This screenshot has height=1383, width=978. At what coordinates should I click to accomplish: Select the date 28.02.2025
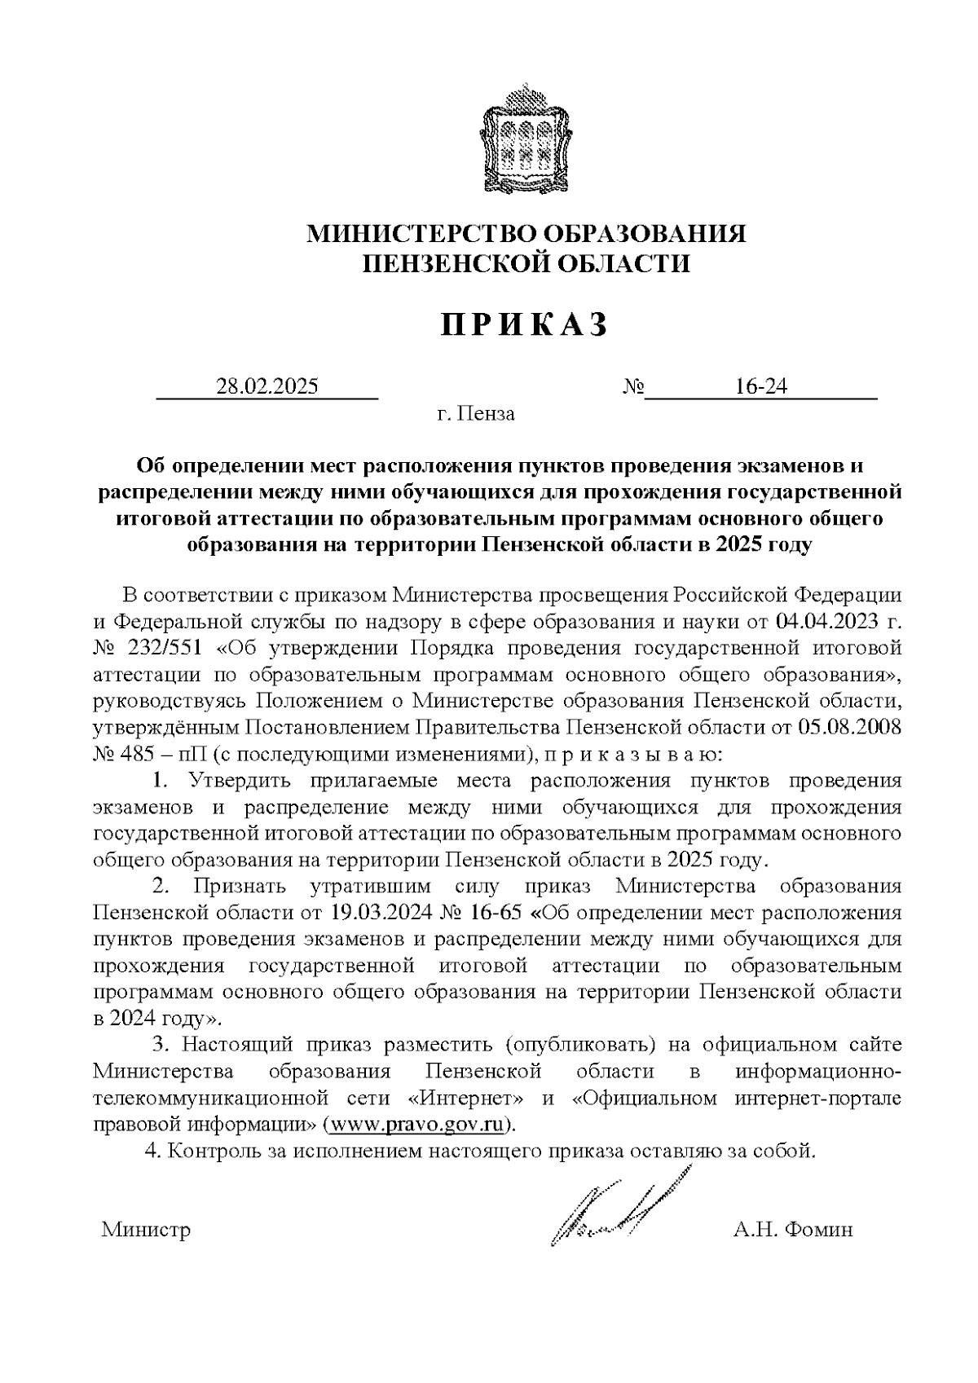click(267, 386)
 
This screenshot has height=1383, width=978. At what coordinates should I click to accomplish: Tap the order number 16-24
click(760, 386)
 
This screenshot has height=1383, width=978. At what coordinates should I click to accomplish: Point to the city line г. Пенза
click(476, 414)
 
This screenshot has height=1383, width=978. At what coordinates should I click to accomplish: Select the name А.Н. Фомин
click(792, 1230)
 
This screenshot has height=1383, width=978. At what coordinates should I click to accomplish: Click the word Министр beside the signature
click(146, 1230)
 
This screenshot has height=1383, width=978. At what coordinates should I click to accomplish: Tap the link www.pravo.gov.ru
click(419, 1125)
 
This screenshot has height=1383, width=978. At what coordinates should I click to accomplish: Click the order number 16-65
click(493, 911)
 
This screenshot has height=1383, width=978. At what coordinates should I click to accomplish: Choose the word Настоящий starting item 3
click(240, 1044)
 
